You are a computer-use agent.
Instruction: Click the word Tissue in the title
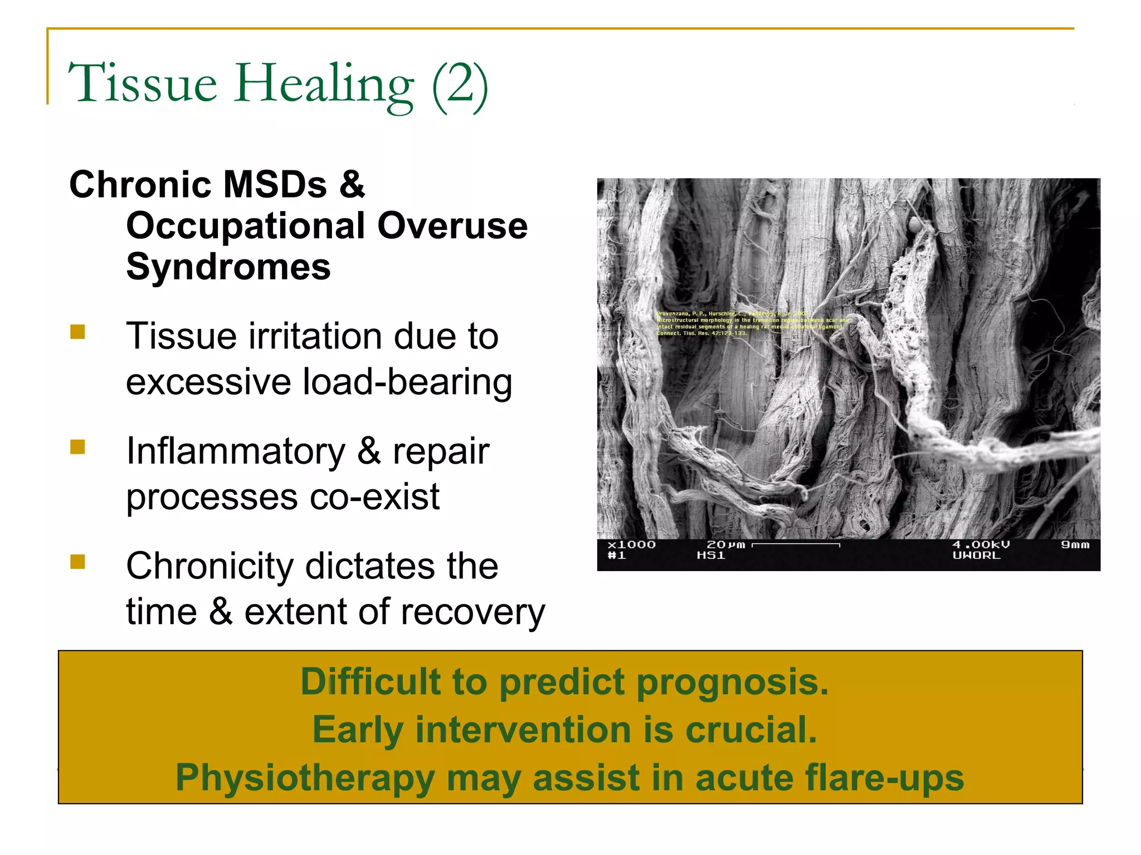pyautogui.click(x=142, y=83)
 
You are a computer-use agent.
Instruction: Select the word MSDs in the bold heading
pyautogui.click(x=275, y=184)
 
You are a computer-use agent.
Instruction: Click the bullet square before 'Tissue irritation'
pyautogui.click(x=78, y=332)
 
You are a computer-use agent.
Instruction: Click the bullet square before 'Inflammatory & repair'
pyautogui.click(x=78, y=447)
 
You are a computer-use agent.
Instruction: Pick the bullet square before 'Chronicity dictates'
pyautogui.click(x=78, y=562)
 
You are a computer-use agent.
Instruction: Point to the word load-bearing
pyautogui.click(x=407, y=382)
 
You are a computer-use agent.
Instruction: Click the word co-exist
pyautogui.click(x=374, y=497)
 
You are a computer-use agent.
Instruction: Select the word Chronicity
pyautogui.click(x=210, y=566)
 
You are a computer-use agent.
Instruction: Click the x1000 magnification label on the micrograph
pyautogui.click(x=631, y=545)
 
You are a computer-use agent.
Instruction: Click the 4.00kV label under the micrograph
pyautogui.click(x=981, y=545)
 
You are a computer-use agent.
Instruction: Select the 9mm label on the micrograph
pyautogui.click(x=1075, y=545)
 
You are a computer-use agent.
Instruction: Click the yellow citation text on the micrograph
pyautogui.click(x=752, y=323)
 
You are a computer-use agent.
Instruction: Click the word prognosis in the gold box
pyautogui.click(x=732, y=682)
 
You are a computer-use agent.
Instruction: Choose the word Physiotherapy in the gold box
pyautogui.click(x=305, y=778)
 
